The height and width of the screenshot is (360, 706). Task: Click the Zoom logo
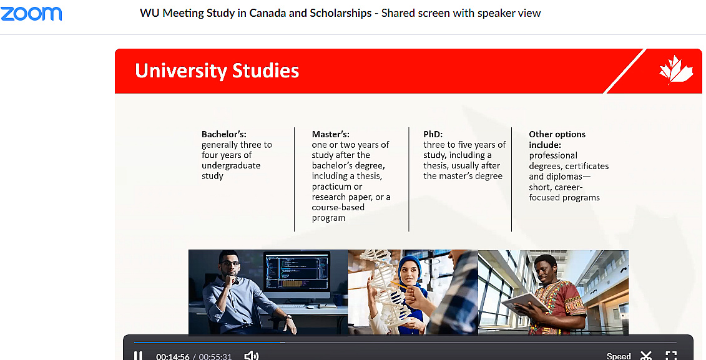click(x=31, y=14)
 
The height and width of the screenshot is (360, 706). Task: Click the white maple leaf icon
click(x=675, y=70)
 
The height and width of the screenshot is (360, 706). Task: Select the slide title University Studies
click(x=217, y=71)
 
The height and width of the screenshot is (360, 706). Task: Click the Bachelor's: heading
click(x=223, y=134)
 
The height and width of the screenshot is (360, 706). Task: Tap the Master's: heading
click(x=330, y=134)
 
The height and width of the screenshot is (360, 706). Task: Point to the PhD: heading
click(x=433, y=134)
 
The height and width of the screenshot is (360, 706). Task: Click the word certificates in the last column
click(x=587, y=166)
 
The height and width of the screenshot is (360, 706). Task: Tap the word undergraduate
click(x=231, y=165)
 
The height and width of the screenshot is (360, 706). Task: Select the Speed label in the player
click(x=619, y=356)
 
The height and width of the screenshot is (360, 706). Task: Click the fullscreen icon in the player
click(x=671, y=356)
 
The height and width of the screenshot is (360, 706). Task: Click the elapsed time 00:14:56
click(x=173, y=356)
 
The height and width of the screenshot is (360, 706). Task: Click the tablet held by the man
click(x=525, y=303)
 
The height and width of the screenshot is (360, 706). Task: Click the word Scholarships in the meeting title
click(x=340, y=13)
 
